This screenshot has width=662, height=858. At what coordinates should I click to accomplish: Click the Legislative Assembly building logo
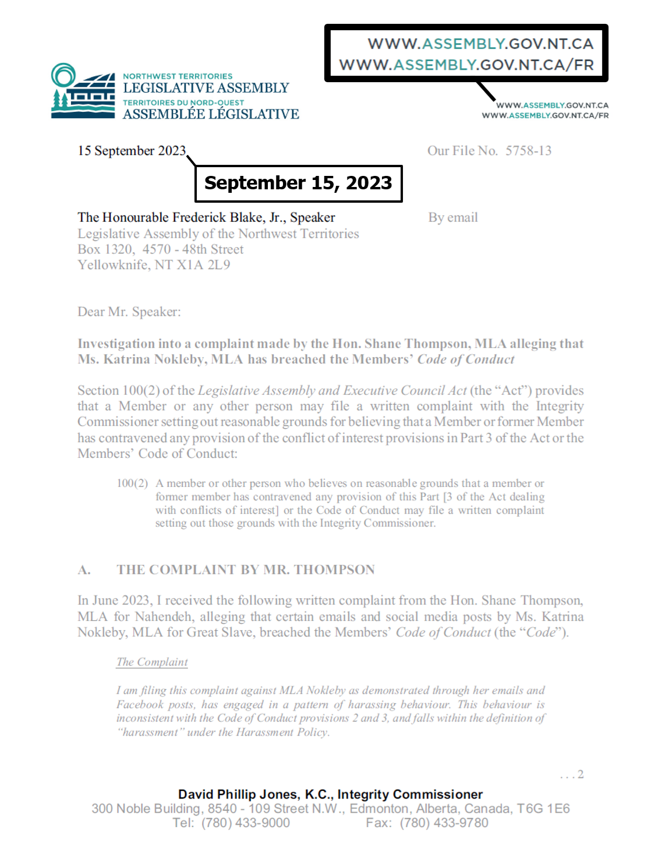(x=83, y=91)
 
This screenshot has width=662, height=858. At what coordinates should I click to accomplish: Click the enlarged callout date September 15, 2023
(x=298, y=183)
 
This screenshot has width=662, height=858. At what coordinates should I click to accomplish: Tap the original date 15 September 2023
(x=132, y=151)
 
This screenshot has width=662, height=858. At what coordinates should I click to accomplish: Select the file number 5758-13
(x=528, y=151)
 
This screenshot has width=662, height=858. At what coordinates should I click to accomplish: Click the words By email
(x=453, y=218)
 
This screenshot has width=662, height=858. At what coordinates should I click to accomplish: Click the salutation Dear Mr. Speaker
(x=129, y=312)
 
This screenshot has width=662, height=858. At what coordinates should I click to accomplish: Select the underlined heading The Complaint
(x=152, y=662)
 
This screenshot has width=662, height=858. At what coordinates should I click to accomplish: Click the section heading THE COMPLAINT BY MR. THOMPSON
(x=245, y=570)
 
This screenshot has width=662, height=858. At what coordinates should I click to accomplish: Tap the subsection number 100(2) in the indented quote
(x=132, y=483)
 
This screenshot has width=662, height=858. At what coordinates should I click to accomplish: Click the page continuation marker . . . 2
(x=572, y=775)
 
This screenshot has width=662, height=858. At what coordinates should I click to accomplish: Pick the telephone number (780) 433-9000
(x=246, y=823)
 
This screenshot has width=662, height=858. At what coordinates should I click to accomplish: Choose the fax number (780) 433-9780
(x=444, y=823)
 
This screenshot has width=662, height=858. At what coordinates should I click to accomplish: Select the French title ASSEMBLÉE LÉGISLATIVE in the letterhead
(x=211, y=115)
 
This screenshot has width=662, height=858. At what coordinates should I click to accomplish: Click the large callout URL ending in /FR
(x=466, y=65)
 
